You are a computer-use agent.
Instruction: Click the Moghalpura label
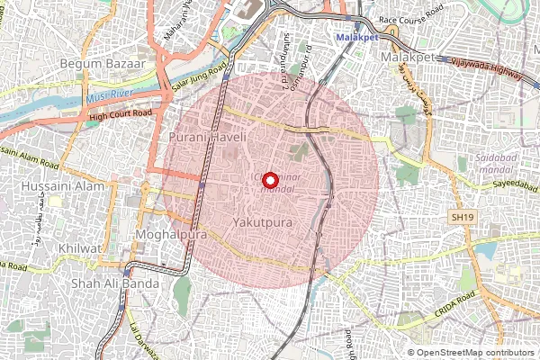(170, 234)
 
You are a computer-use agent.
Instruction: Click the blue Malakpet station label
(357, 37)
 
